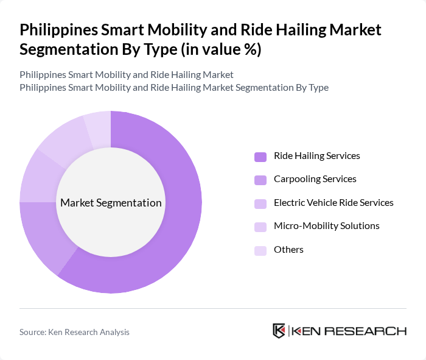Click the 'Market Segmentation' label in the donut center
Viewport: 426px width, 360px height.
(x=111, y=203)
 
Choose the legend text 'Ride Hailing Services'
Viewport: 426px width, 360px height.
(x=316, y=156)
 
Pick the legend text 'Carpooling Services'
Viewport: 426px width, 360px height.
(x=315, y=179)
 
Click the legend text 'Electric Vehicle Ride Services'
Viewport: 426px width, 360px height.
(x=333, y=203)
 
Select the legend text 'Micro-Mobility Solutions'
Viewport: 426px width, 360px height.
(x=326, y=226)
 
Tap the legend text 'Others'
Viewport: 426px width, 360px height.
(x=288, y=250)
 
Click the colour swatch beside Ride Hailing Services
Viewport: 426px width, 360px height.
(x=260, y=157)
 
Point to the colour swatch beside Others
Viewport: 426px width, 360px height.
(x=260, y=250)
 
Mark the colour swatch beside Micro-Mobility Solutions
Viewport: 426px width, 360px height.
(x=260, y=227)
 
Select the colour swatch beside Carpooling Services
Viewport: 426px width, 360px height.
(x=260, y=180)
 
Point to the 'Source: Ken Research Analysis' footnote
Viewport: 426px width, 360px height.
(x=74, y=332)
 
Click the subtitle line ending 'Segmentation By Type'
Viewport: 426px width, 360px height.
(x=174, y=87)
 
